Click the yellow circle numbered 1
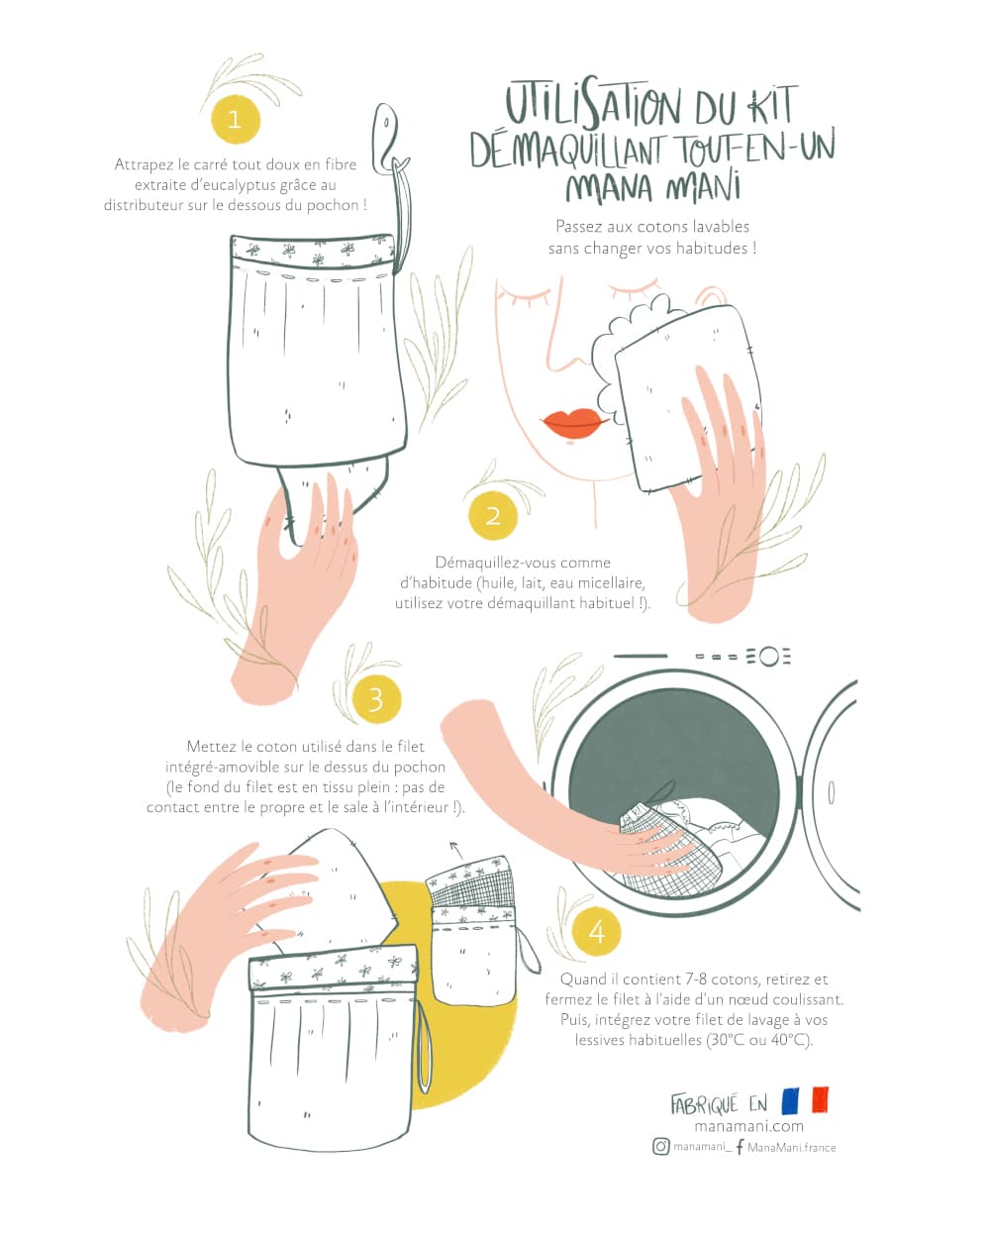236,119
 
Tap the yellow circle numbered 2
493,515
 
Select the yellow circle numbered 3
376,699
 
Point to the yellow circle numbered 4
597,931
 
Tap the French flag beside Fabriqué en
805,1100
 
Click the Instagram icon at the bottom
661,1147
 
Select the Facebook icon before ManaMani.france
740,1147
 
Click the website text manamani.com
748,1126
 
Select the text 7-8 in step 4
684,980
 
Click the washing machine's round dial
769,657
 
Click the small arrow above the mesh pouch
456,849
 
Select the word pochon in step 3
420,767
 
